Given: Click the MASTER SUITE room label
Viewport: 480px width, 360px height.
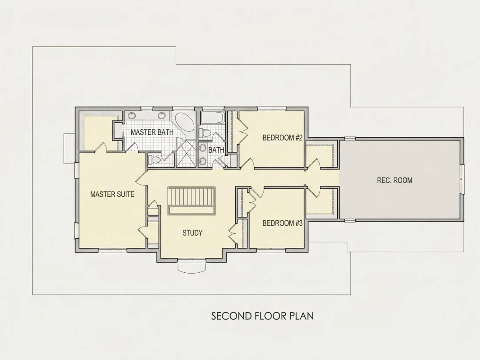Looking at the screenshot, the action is pyautogui.click(x=112, y=194).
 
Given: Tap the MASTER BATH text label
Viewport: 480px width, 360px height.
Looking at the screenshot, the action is pyautogui.click(x=152, y=132).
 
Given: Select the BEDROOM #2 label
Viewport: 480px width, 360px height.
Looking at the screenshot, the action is pyautogui.click(x=282, y=138).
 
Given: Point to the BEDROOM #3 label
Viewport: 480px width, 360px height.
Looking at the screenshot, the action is pyautogui.click(x=282, y=223).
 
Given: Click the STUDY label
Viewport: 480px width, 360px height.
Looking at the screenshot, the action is pyautogui.click(x=192, y=233).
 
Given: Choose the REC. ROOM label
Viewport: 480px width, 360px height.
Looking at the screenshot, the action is pyautogui.click(x=394, y=180).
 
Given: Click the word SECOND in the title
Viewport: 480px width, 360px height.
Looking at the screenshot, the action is pyautogui.click(x=231, y=316).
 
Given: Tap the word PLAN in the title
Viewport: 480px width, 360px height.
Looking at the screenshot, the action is pyautogui.click(x=302, y=316).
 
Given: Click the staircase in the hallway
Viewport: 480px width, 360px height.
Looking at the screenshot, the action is pyautogui.click(x=192, y=201).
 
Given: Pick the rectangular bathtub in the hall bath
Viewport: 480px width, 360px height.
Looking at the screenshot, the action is pyautogui.click(x=213, y=118).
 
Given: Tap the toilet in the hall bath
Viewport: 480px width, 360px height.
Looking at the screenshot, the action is pyautogui.click(x=205, y=133).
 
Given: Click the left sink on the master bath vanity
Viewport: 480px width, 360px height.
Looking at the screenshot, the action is pyautogui.click(x=132, y=115).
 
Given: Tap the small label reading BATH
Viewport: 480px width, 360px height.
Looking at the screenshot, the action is pyautogui.click(x=216, y=150).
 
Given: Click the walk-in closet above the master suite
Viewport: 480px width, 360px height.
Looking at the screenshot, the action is pyautogui.click(x=100, y=133).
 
